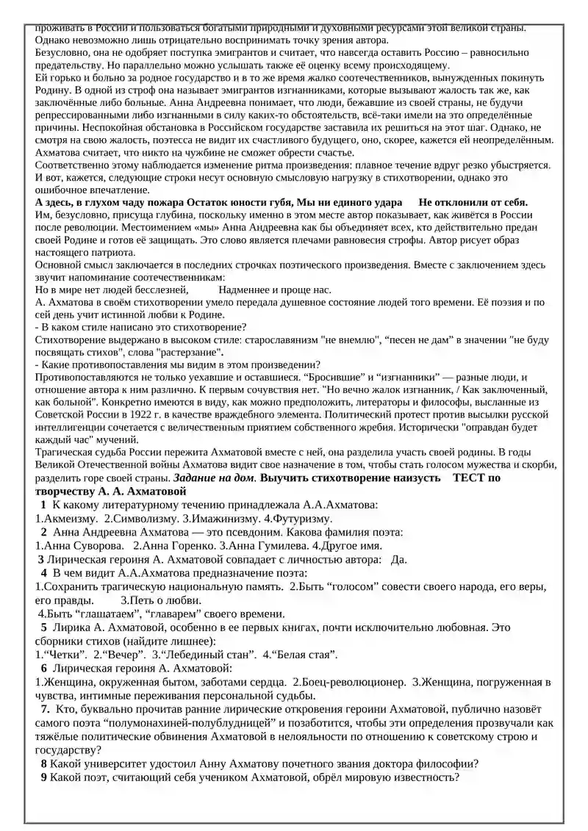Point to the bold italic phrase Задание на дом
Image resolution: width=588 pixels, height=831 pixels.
(x=215, y=478)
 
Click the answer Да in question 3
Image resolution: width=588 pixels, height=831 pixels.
(x=399, y=559)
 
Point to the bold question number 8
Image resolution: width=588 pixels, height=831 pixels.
(x=44, y=764)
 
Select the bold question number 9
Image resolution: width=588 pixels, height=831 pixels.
(x=44, y=777)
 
